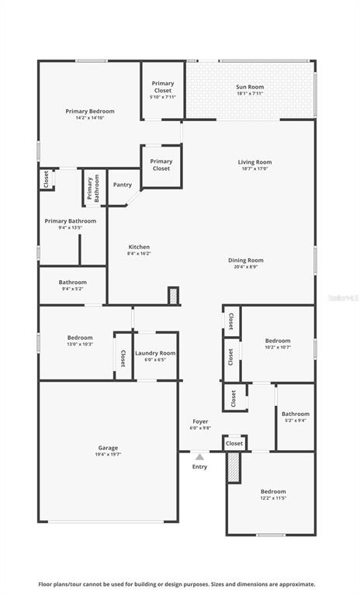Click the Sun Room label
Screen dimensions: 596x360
[x=250, y=87]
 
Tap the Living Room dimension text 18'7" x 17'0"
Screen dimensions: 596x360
[x=254, y=168]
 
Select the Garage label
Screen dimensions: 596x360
[x=108, y=448]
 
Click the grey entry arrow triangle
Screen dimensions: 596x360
[x=199, y=457]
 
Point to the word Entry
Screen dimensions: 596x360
[x=199, y=466]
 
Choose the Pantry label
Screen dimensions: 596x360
[x=122, y=185]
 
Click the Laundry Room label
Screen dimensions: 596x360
[x=155, y=353]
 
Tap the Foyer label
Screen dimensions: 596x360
[x=200, y=421]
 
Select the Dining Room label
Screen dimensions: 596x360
[x=245, y=260]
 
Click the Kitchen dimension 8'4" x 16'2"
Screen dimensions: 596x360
[x=139, y=253]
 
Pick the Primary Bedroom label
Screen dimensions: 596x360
[x=89, y=111]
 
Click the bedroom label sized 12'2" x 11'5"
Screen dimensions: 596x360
[x=273, y=491]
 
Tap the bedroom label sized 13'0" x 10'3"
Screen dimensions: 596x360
[x=80, y=338]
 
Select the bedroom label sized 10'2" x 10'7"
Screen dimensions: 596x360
[x=278, y=341]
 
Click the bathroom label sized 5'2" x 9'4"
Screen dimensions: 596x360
[x=295, y=414]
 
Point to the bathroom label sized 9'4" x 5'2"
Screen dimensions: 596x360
[x=72, y=282]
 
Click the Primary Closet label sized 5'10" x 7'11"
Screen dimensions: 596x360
[x=163, y=83]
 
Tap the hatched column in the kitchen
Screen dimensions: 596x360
[x=174, y=296]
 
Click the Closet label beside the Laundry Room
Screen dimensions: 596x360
[x=123, y=358]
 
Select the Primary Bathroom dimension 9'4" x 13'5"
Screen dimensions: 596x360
[x=71, y=228]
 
